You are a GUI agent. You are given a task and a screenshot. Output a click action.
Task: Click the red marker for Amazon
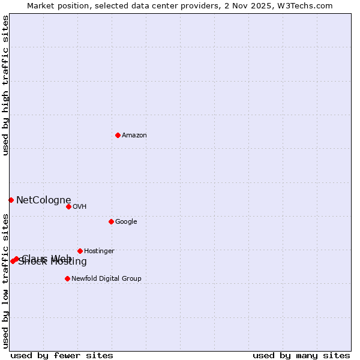[118, 135]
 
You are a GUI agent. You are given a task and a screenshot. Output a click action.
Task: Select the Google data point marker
[111, 221]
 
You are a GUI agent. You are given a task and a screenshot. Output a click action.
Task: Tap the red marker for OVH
[68, 206]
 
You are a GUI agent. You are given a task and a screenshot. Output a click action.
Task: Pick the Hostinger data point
[80, 251]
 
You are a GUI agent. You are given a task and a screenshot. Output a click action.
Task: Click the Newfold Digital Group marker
[67, 278]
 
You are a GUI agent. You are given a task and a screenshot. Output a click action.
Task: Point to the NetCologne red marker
[11, 200]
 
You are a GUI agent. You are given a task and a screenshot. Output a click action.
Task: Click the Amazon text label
[134, 135]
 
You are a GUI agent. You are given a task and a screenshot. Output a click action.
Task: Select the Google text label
[126, 221]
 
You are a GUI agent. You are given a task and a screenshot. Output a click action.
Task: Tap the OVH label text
[80, 206]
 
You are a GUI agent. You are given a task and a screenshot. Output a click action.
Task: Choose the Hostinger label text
[99, 251]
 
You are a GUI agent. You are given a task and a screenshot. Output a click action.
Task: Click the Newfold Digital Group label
[106, 278]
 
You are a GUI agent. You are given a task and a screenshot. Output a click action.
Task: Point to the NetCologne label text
[43, 200]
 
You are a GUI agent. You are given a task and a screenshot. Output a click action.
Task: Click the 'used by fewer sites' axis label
[62, 355]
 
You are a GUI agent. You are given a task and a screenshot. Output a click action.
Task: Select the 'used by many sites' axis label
[301, 355]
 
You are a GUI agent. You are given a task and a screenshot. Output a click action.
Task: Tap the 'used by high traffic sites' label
[5, 85]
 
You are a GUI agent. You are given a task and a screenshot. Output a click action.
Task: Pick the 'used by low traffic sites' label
[5, 281]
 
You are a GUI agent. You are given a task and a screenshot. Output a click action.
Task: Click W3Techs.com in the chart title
[307, 5]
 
